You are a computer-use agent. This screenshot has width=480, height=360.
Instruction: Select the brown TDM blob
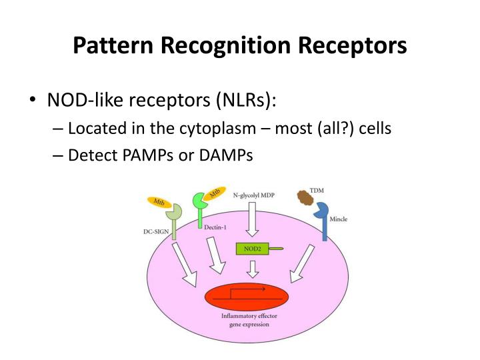305,198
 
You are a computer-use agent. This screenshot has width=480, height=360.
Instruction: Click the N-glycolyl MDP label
253,195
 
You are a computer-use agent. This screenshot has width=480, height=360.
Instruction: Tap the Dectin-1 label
213,227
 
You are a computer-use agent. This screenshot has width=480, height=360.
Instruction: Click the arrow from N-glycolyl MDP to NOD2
253,221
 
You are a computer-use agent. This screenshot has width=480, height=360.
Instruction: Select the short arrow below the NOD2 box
253,269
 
